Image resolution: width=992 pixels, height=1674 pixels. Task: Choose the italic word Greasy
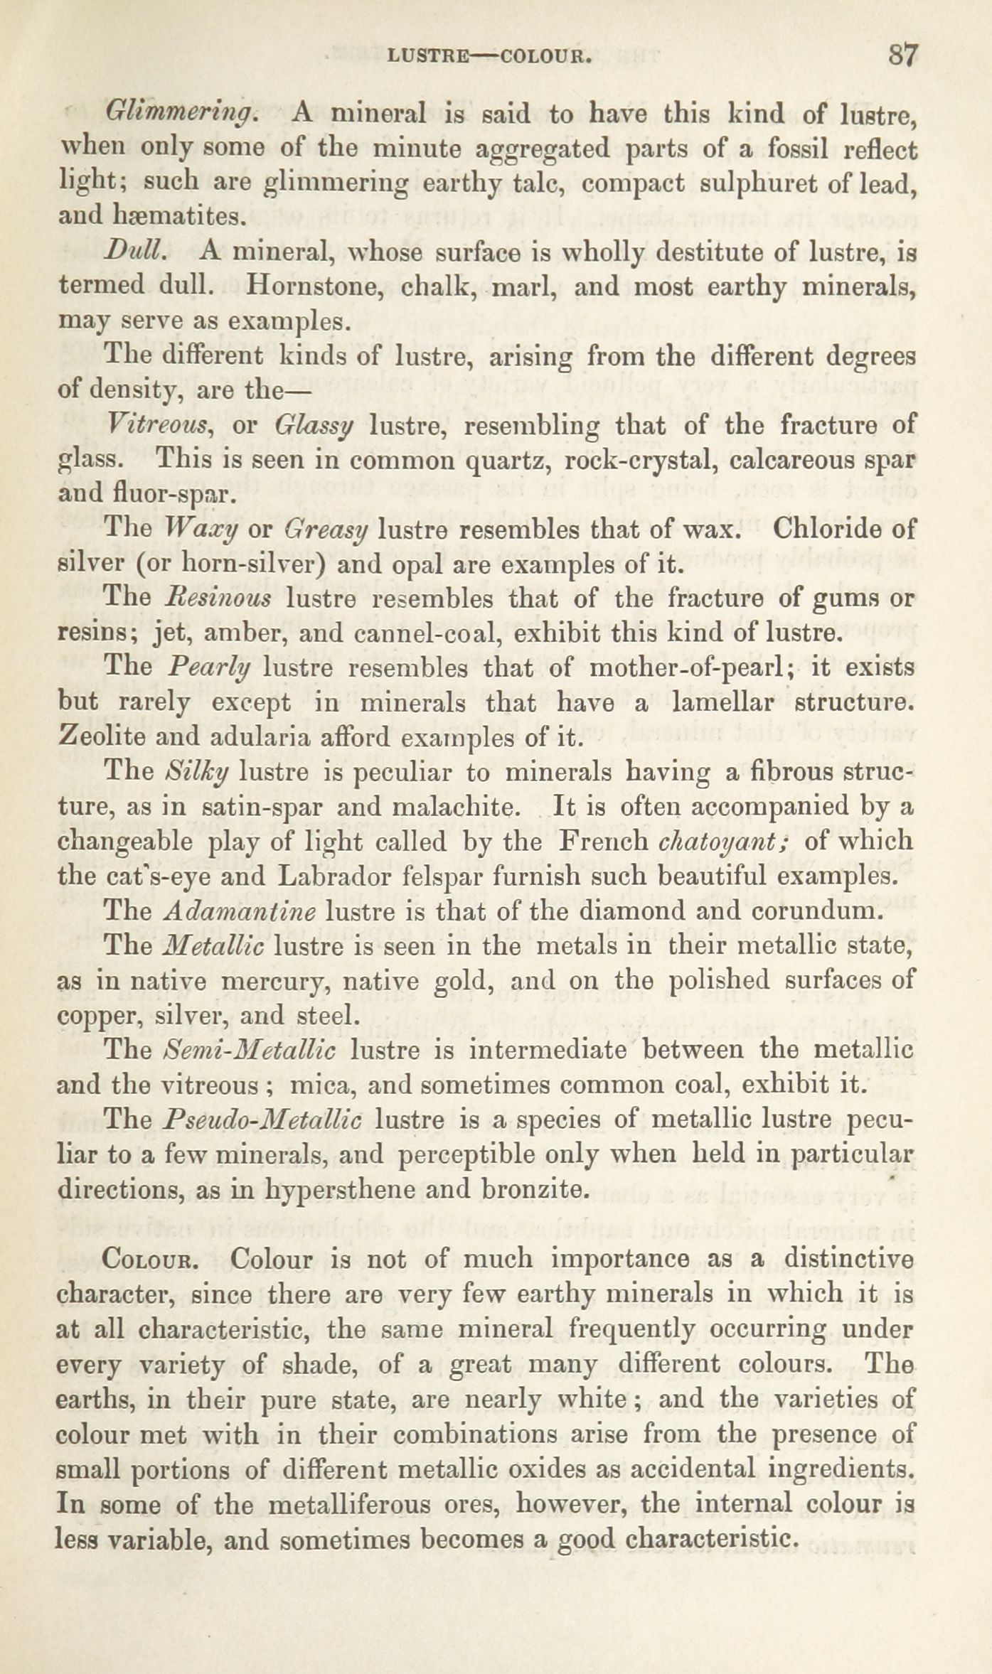pos(326,530)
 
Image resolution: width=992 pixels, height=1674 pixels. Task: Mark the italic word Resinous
pos(218,599)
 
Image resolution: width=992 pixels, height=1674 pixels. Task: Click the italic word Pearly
pos(209,668)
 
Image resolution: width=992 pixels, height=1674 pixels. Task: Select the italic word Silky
pos(196,773)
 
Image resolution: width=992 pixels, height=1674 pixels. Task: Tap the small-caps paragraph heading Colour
pos(149,1260)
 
